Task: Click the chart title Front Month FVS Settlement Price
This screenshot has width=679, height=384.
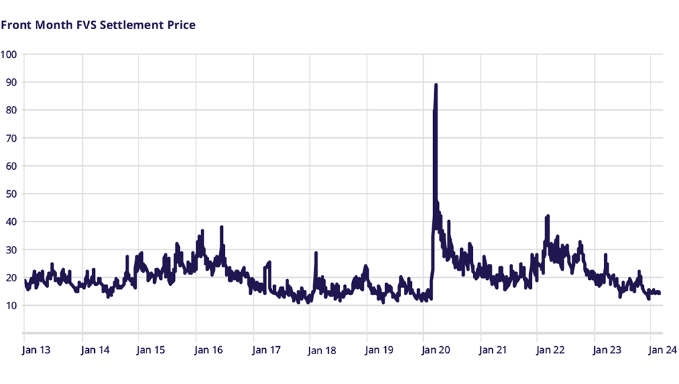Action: [98, 25]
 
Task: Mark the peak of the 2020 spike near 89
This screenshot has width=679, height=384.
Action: [436, 85]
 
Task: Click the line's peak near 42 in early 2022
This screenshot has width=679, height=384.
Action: [547, 216]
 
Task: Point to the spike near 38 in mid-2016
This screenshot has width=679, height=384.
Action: [221, 227]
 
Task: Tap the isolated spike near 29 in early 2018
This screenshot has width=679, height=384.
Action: [316, 253]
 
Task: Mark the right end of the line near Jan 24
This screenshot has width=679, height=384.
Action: [659, 293]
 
